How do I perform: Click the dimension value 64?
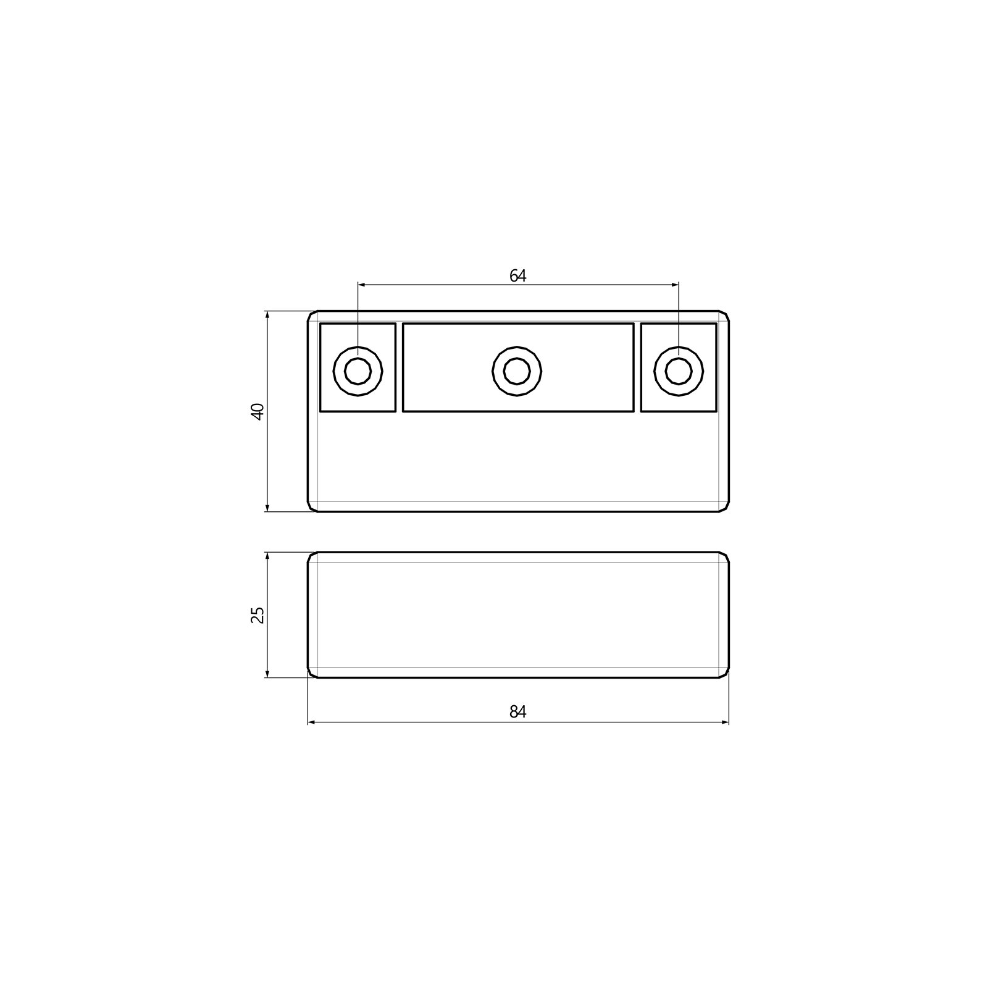pyautogui.click(x=517, y=276)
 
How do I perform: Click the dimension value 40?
pyautogui.click(x=258, y=411)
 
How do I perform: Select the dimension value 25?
pyautogui.click(x=258, y=615)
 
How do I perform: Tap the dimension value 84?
pyautogui.click(x=517, y=712)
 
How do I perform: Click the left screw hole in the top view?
pyautogui.click(x=358, y=371)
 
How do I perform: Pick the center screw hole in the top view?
pyautogui.click(x=517, y=371)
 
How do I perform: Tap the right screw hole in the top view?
pyautogui.click(x=679, y=371)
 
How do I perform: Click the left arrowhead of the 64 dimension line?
pyautogui.click(x=362, y=285)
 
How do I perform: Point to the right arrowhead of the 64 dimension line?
pyautogui.click(x=674, y=285)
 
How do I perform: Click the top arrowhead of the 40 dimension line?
pyautogui.click(x=267, y=316)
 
